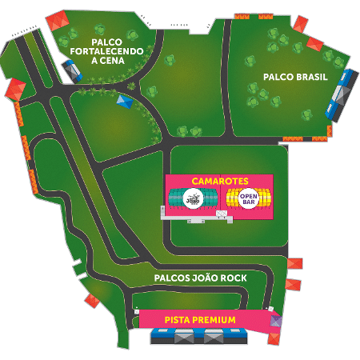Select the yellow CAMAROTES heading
[220, 181]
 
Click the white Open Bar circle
[246, 198]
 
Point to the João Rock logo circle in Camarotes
[194, 198]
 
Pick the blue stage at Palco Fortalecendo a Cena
[74, 72]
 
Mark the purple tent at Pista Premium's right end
[276, 321]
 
